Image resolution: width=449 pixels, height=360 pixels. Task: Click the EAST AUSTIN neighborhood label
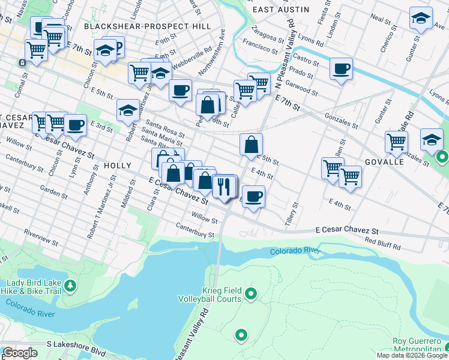point(281,10)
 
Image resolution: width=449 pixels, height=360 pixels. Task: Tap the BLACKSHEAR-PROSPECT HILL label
point(148,26)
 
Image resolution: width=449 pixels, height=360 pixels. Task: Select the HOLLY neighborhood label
point(117,165)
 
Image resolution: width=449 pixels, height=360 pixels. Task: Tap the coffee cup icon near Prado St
point(341,69)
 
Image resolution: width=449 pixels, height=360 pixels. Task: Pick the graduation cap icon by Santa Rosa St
point(128,110)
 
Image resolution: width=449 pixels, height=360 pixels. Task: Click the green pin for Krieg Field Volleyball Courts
point(251,294)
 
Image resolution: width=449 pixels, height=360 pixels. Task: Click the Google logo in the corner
point(20,353)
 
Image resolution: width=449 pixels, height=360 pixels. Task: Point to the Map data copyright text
point(412,355)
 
